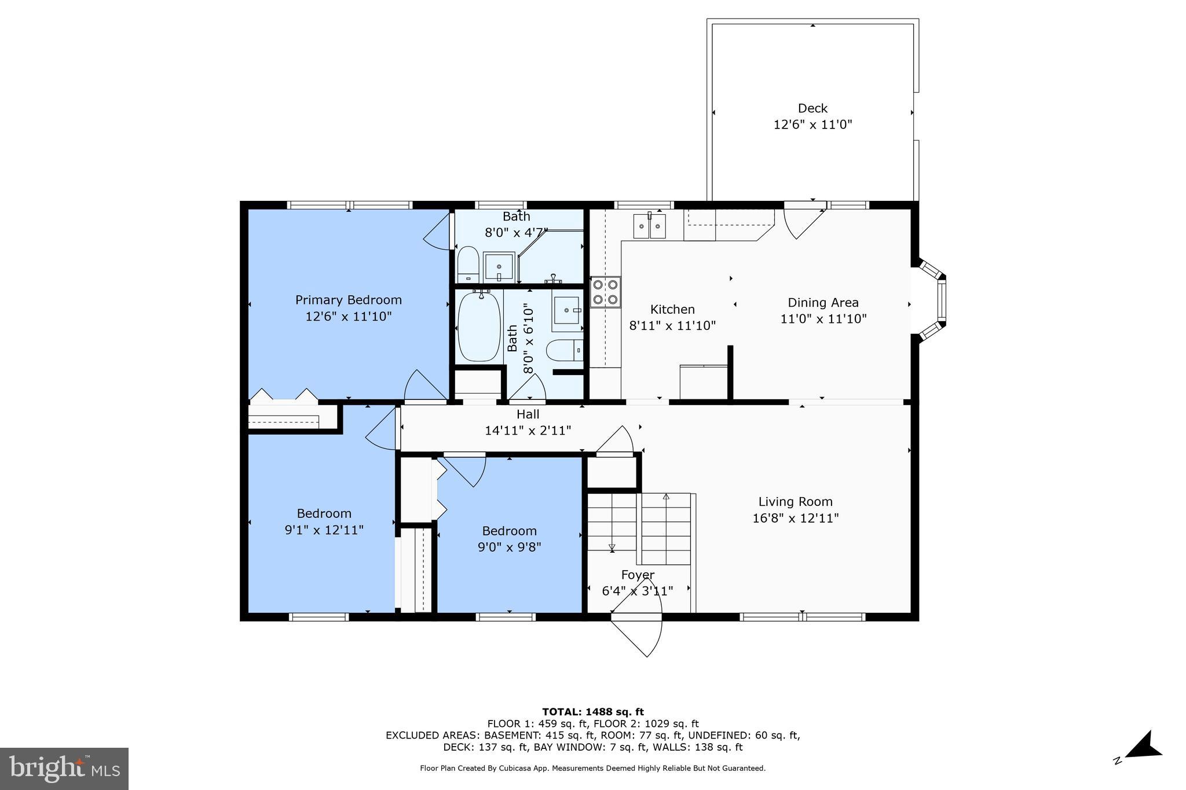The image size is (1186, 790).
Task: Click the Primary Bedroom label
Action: [x=348, y=300]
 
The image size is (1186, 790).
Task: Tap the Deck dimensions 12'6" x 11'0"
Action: [x=812, y=124]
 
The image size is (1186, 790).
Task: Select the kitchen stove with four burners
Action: [x=605, y=292]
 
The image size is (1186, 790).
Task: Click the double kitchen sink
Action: [x=649, y=226]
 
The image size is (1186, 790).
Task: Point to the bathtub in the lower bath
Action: [x=479, y=328]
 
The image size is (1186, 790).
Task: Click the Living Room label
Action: [x=795, y=502]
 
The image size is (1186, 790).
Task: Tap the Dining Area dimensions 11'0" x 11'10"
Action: [x=823, y=319]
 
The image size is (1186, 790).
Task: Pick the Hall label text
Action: [x=528, y=414]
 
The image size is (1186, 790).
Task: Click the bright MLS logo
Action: [x=64, y=769]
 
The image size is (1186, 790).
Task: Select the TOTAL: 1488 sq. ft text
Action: [x=592, y=712]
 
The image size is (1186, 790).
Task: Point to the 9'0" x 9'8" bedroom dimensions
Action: [x=509, y=547]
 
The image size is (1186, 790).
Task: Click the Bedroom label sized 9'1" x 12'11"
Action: [x=324, y=513]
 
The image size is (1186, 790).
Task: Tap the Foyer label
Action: [x=638, y=575]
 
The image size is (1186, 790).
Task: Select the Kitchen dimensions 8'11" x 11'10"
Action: [x=672, y=326]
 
